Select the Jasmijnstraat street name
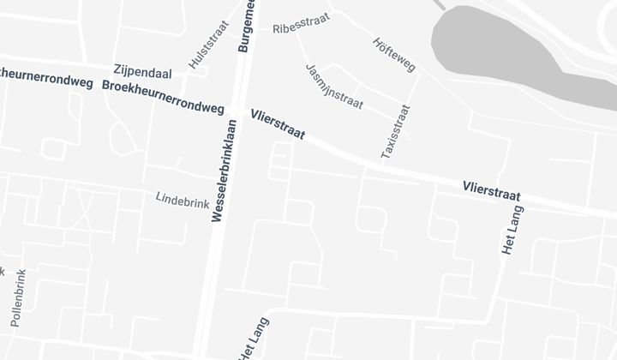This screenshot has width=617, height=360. click(333, 87)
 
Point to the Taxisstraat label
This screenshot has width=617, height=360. click(396, 131)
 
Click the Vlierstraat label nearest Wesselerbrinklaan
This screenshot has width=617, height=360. click(278, 124)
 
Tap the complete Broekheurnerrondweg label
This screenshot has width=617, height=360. click(163, 98)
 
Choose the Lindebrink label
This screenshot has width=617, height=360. click(183, 199)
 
